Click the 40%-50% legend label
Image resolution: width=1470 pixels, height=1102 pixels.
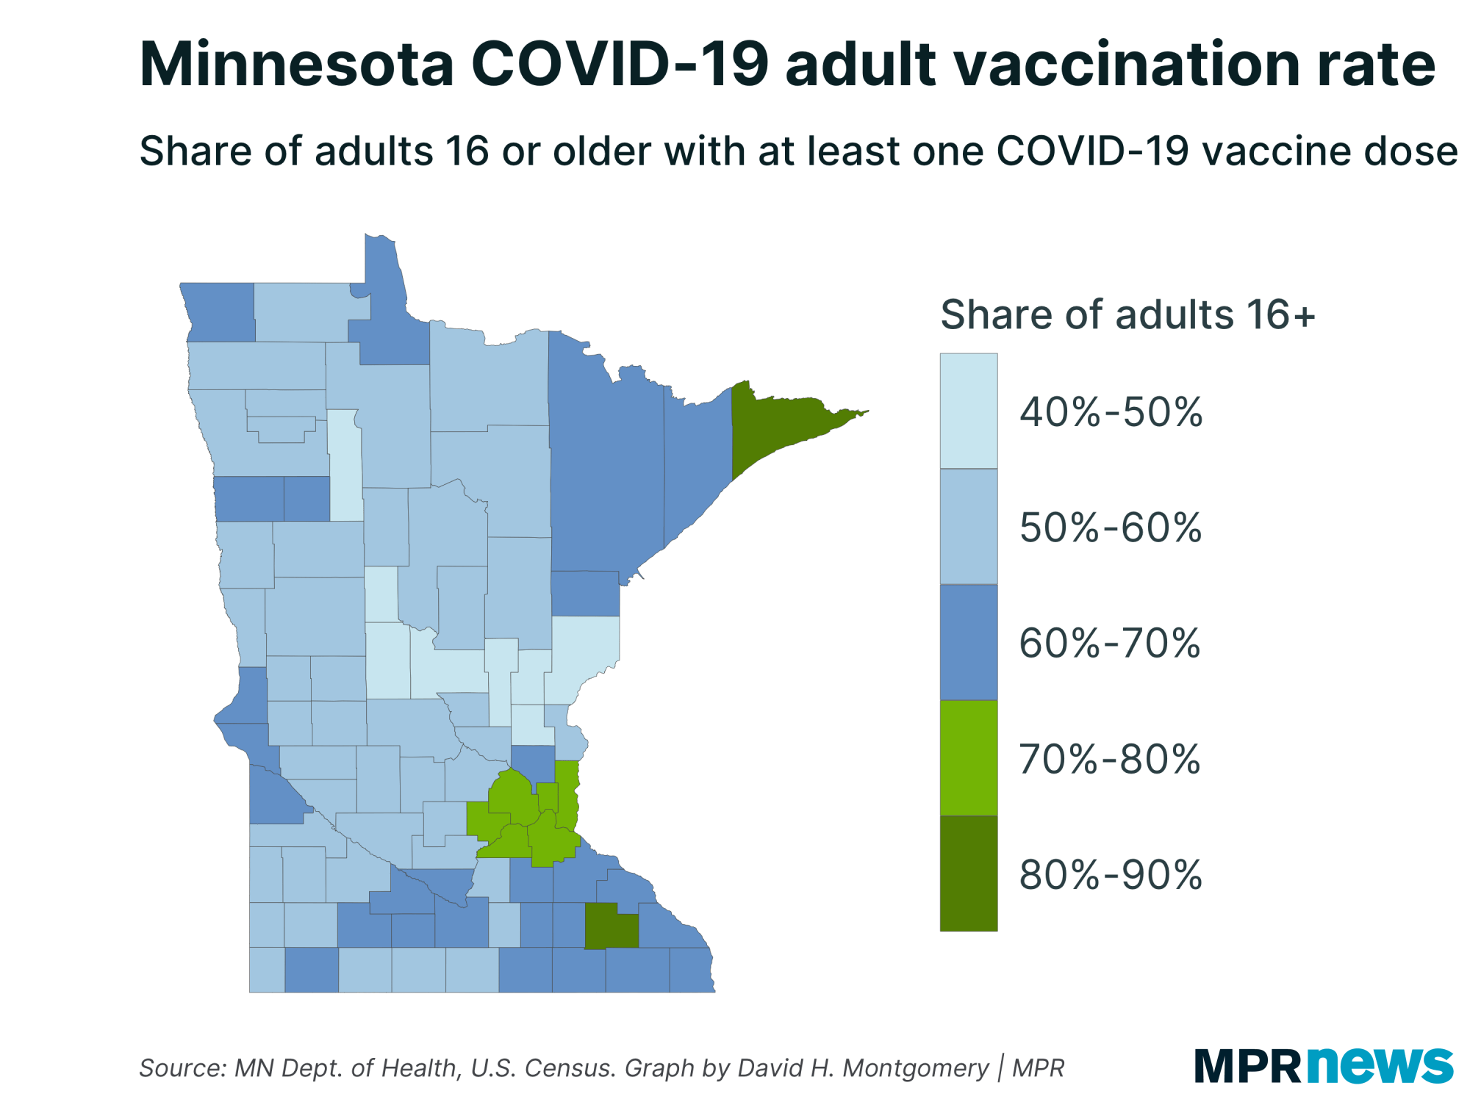[1110, 412]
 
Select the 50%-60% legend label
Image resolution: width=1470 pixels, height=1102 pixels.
[1110, 527]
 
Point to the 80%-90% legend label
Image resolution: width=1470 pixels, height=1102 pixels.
[1110, 874]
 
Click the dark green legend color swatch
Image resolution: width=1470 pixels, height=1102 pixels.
[969, 874]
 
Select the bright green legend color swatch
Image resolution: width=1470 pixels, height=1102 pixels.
[969, 758]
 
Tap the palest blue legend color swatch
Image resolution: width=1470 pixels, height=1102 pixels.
[969, 411]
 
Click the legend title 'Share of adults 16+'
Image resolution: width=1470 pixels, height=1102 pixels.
[1127, 314]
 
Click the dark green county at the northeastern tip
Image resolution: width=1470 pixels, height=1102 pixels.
[779, 426]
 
